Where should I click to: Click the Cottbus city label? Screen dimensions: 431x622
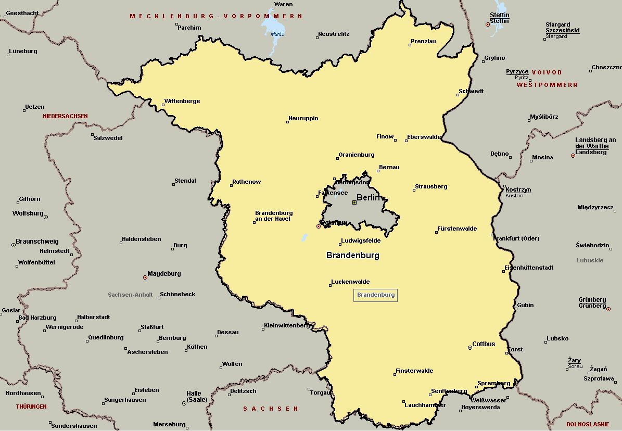coord(484,344)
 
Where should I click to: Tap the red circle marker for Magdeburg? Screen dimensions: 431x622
coord(145,277)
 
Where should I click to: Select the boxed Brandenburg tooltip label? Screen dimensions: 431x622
coord(376,295)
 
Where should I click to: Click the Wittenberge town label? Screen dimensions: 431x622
coord(182,101)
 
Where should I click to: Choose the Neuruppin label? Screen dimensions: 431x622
coord(303,118)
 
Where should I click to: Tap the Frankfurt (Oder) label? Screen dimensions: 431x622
coord(516,238)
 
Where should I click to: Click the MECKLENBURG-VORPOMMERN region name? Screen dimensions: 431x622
coord(216,17)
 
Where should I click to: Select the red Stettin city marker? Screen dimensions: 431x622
coord(488,24)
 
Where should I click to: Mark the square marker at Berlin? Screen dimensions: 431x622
coord(354,202)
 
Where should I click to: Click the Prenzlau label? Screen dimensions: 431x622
coord(423,41)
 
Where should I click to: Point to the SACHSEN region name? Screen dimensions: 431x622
coord(271,409)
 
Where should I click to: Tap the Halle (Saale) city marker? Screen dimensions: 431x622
coord(184,403)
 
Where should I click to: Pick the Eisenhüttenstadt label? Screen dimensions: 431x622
coord(528,268)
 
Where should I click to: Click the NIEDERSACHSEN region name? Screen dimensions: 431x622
coord(66,116)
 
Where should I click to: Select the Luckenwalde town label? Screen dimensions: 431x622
coord(350,282)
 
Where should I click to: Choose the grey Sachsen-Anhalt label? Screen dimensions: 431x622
coord(130,295)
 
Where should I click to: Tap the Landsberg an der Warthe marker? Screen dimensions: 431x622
coord(573,155)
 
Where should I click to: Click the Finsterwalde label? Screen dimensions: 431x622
coord(414,371)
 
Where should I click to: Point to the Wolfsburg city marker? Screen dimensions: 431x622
coord(46,217)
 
